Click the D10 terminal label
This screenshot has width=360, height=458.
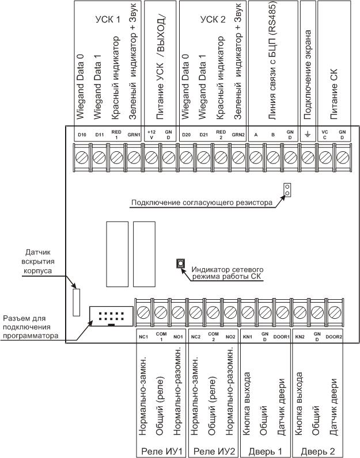[81, 135]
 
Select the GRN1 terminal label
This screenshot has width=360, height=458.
[134, 135]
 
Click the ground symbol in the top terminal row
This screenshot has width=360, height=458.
[308, 135]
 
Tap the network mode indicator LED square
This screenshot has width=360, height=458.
[180, 264]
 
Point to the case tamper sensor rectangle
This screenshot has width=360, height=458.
[75, 303]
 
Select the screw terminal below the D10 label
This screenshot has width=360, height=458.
[81, 156]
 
